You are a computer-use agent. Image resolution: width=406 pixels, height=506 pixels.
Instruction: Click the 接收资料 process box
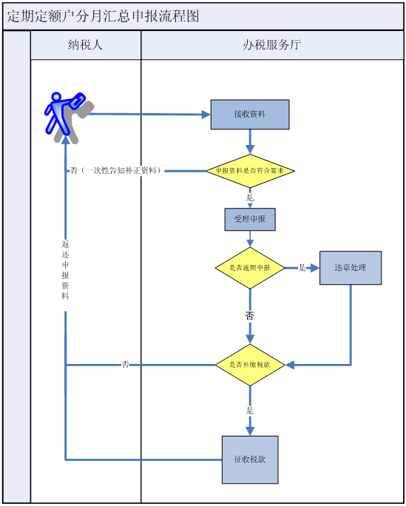coord(250,115)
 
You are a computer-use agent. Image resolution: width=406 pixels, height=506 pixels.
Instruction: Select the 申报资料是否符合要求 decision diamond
coord(250,171)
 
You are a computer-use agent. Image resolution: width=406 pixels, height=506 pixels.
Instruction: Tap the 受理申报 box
coord(250,220)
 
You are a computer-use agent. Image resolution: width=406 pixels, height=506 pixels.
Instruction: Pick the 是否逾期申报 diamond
coord(250,268)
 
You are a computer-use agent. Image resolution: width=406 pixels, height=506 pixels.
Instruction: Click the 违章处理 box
coord(351,268)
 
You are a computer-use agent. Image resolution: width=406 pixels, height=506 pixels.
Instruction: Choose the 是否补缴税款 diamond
coord(250,365)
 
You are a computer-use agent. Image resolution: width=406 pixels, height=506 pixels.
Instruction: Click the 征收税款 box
coord(250,459)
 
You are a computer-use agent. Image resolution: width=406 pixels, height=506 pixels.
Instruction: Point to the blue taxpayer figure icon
coord(69,118)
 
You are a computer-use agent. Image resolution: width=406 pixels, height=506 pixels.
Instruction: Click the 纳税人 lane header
coord(86,45)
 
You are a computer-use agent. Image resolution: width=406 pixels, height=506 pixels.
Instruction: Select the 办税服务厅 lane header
coord(272,45)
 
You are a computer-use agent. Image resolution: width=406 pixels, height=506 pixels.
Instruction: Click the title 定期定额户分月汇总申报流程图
coord(104,16)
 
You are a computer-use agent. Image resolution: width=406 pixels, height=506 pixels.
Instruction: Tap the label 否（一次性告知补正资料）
coord(116,171)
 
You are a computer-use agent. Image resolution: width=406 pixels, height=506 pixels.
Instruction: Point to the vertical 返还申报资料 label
coord(66,270)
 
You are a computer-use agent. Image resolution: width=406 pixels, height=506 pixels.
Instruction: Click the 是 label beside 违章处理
coord(302,268)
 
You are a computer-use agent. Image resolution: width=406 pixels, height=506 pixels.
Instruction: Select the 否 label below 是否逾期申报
coord(250,316)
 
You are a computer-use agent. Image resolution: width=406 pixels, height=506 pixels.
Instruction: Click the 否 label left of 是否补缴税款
coord(126,365)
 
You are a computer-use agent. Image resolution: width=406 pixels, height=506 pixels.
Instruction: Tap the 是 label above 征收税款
coord(250,411)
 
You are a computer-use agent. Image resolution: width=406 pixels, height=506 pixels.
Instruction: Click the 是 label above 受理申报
coord(250,198)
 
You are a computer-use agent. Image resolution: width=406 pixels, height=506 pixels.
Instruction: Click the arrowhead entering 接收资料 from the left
coord(206,114)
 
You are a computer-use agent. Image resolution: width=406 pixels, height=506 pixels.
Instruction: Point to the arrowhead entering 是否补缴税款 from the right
coord(290,365)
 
